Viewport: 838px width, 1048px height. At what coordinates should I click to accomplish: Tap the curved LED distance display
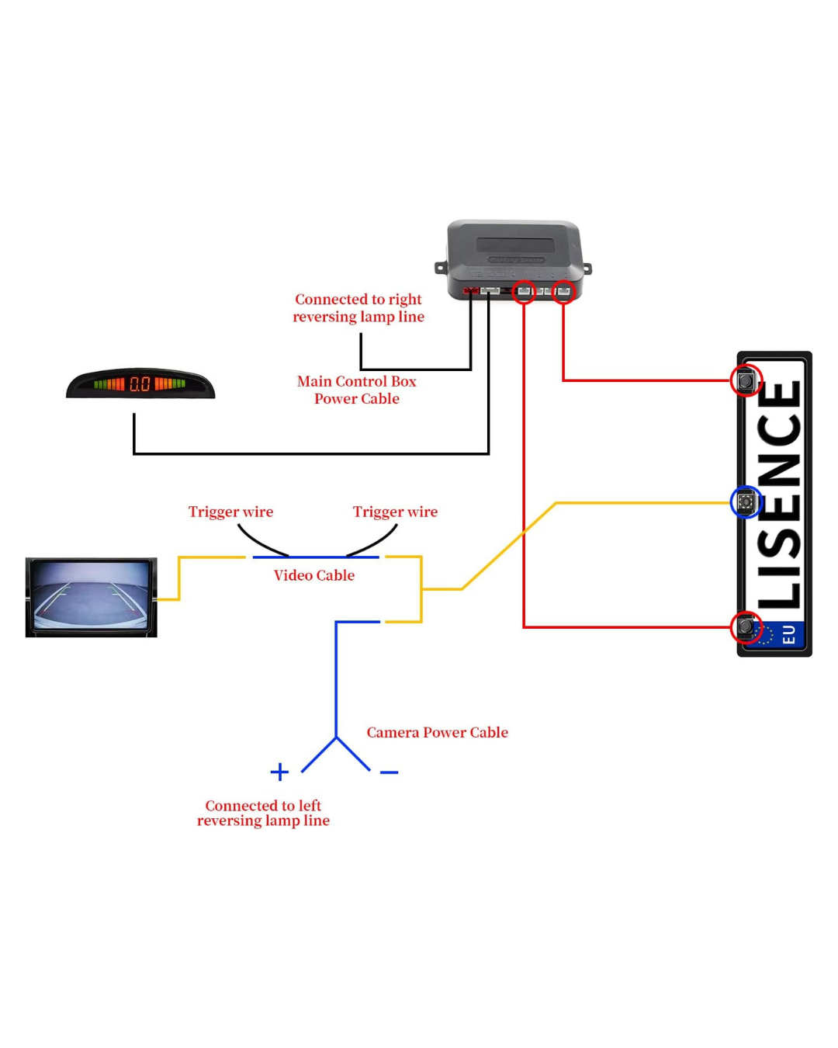(x=140, y=383)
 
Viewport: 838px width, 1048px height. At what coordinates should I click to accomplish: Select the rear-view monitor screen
(x=91, y=597)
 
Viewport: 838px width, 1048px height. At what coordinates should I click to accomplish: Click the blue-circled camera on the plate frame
(x=746, y=502)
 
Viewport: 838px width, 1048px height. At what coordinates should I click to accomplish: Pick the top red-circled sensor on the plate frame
(x=746, y=380)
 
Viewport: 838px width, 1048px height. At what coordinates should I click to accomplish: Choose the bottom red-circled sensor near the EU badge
(x=746, y=626)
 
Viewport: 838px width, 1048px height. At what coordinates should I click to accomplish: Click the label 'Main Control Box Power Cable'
(x=357, y=390)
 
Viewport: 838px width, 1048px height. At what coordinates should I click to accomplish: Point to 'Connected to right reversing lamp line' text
(x=358, y=308)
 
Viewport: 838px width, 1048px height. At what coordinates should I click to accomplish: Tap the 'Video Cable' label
(x=314, y=575)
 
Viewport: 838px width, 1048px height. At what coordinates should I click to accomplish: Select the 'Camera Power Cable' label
(x=437, y=732)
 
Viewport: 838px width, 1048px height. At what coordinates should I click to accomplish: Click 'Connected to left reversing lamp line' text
(x=263, y=813)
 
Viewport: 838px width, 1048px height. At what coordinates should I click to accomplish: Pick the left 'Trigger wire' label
(x=230, y=512)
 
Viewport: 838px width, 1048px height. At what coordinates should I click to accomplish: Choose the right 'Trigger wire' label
(x=395, y=512)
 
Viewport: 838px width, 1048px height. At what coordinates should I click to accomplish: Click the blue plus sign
(x=279, y=772)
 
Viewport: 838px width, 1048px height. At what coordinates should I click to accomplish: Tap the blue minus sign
(x=389, y=772)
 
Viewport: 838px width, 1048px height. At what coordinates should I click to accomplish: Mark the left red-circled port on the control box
(x=525, y=292)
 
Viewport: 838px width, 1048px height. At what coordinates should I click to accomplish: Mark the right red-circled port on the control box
(x=563, y=292)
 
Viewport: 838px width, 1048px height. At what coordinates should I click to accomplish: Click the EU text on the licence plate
(x=788, y=635)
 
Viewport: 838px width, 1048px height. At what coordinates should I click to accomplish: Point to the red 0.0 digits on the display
(x=140, y=383)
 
